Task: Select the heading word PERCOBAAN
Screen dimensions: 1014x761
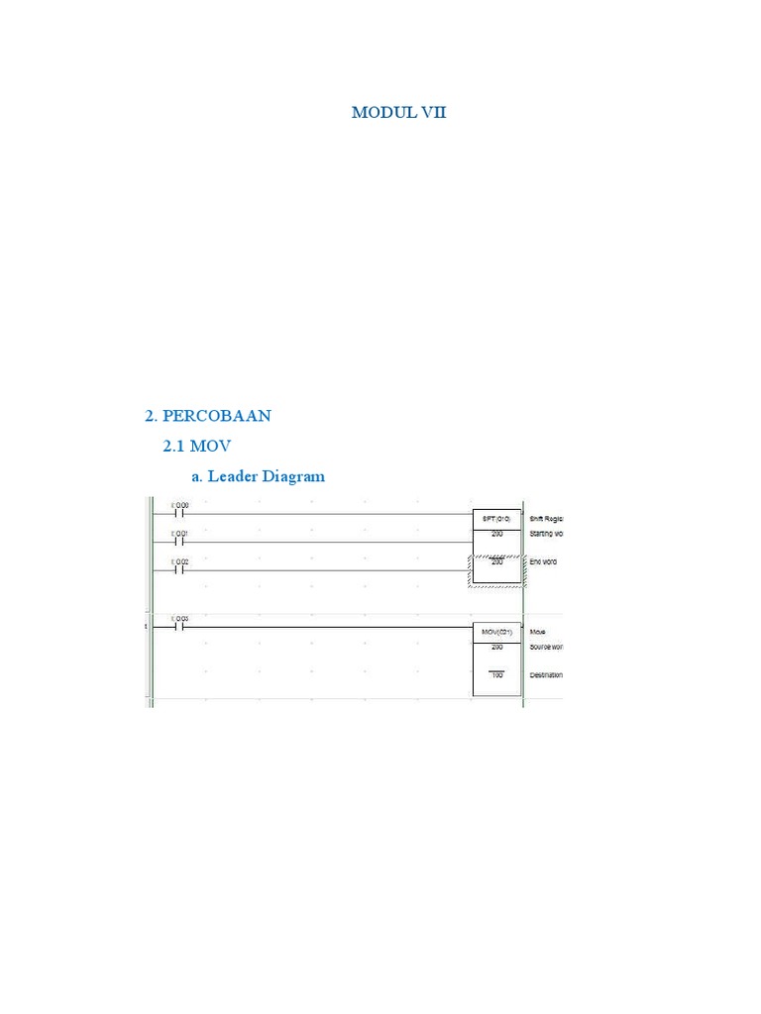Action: coord(216,416)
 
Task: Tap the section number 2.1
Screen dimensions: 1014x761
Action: coord(175,447)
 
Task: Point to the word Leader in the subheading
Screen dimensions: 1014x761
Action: coord(233,476)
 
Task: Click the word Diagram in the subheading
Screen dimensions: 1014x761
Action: coord(293,476)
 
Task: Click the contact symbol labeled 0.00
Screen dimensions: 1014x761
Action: coord(179,514)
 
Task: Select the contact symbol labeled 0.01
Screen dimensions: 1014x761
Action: coord(179,542)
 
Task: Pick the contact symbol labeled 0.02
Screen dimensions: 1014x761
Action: coord(179,569)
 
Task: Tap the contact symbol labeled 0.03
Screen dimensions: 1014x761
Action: coord(179,626)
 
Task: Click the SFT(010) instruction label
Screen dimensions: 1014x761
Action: coord(496,518)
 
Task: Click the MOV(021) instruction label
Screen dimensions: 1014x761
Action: coord(496,631)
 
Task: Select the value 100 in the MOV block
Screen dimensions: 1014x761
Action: coord(496,675)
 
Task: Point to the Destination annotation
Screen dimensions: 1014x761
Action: coord(546,675)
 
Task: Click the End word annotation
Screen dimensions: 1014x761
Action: coord(544,561)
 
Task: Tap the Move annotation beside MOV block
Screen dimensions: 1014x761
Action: coord(538,631)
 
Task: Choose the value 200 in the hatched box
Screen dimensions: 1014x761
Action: coord(496,561)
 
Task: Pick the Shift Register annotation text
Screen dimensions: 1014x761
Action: coord(546,518)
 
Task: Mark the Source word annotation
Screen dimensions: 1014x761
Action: coord(546,647)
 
